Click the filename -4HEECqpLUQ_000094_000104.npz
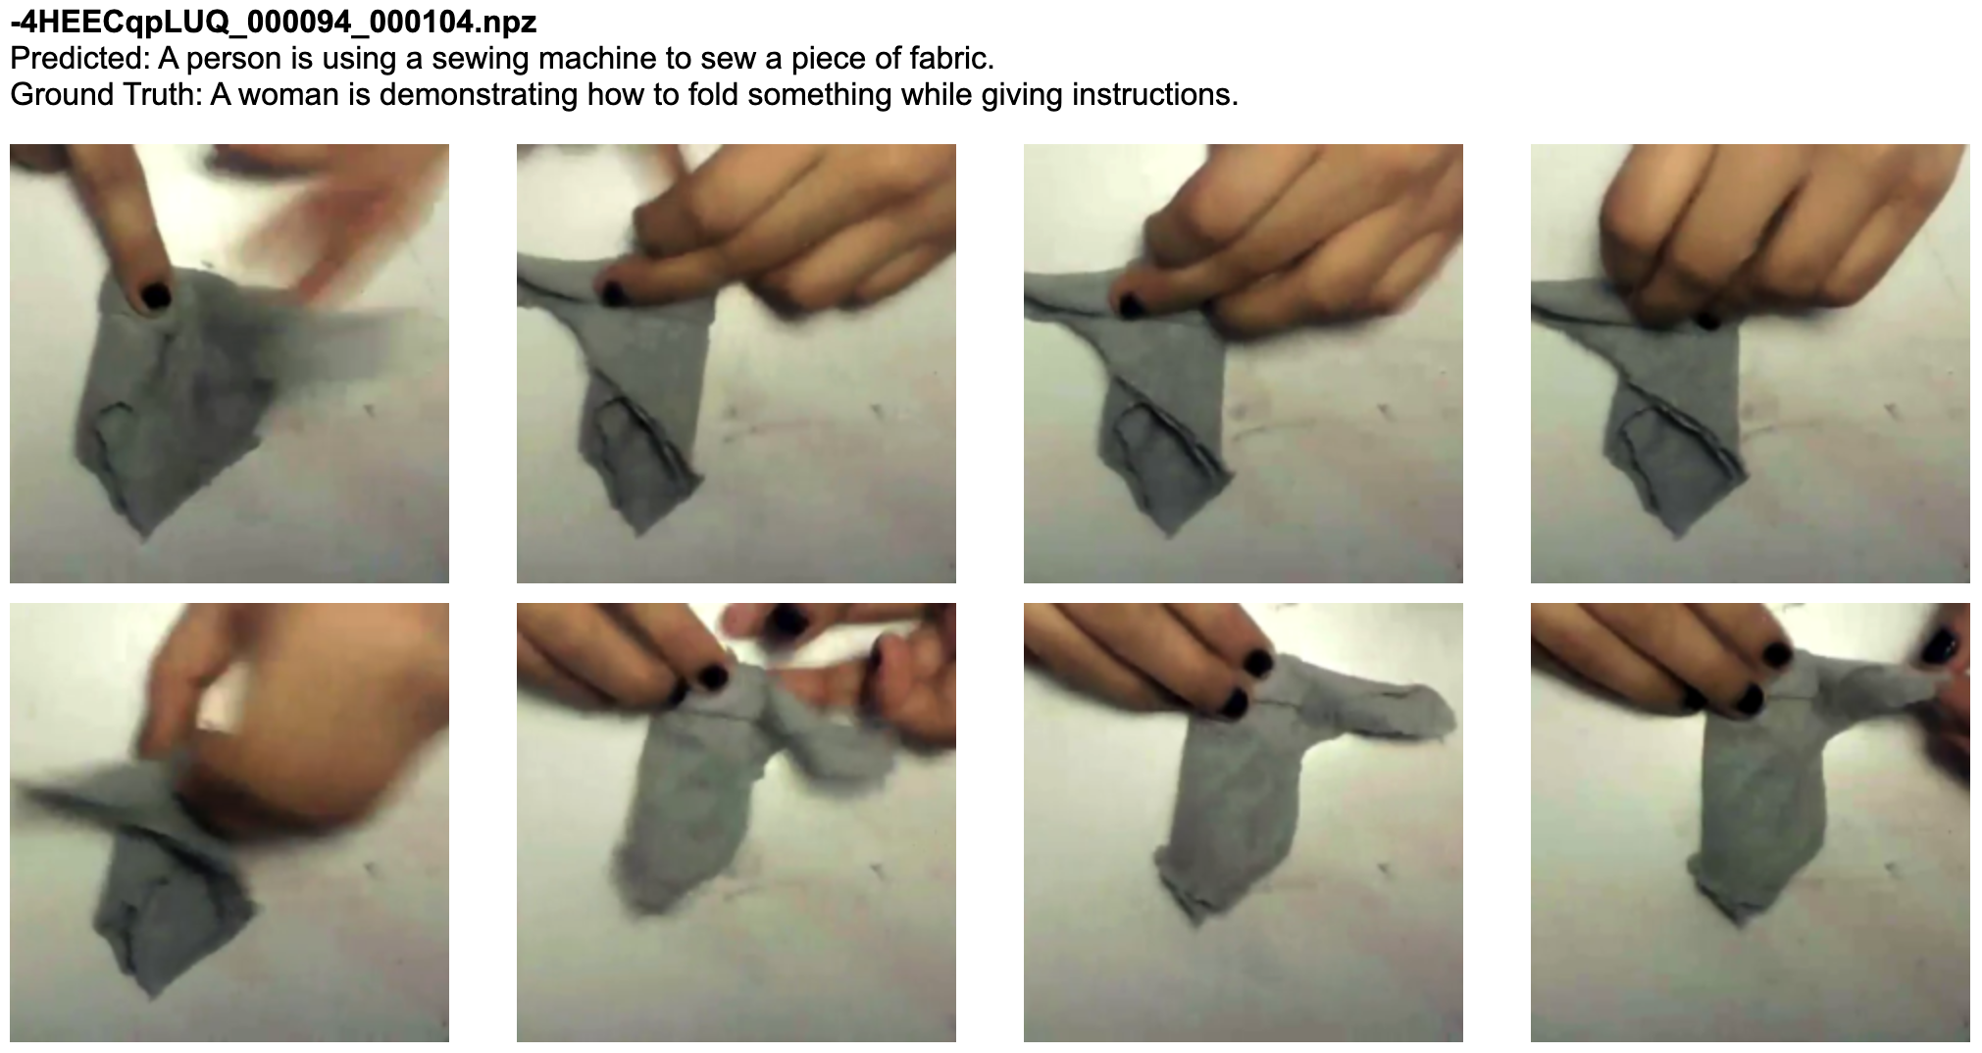[x=274, y=22]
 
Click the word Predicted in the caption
[x=78, y=59]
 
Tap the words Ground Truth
[x=106, y=95]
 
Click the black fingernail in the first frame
[x=155, y=295]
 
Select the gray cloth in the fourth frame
[x=1657, y=412]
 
